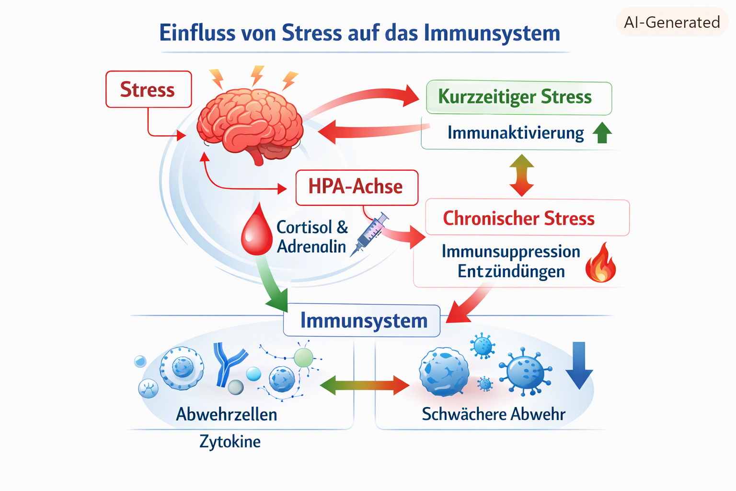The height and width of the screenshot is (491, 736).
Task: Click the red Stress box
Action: coord(149,89)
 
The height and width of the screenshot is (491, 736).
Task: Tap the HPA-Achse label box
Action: coord(357,187)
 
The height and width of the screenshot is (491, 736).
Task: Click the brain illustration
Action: coord(250,126)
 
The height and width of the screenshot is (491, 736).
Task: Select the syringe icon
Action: coord(369,234)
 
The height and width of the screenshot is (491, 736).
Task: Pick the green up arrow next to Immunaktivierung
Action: coord(602,132)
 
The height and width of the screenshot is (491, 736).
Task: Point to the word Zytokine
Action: coord(230,441)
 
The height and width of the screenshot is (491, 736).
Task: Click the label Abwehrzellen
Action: coord(226,414)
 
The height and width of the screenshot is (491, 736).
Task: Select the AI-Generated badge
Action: coord(672,22)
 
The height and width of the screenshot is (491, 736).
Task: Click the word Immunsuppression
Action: coord(511,252)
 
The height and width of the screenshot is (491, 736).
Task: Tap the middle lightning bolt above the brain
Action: coord(257,76)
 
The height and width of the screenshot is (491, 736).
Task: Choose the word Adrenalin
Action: coord(311,246)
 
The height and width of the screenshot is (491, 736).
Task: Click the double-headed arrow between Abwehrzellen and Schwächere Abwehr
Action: coord(364,385)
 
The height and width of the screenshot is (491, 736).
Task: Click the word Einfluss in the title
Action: coord(197,33)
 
